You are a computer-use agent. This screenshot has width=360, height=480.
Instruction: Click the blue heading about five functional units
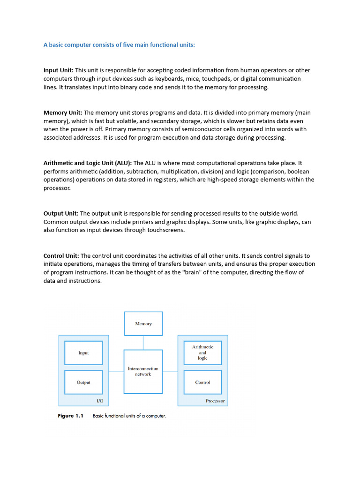coord(119,45)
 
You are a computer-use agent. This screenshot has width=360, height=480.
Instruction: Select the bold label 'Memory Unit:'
coord(63,112)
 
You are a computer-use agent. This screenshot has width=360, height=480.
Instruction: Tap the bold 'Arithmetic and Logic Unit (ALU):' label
coord(88,163)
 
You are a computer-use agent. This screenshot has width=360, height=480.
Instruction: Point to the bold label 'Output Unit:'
coord(61,213)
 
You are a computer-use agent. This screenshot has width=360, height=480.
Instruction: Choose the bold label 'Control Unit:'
coord(61,255)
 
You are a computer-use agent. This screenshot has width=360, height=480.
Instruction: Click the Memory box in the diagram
coord(143,323)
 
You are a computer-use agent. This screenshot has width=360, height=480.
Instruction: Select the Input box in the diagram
coord(83,352)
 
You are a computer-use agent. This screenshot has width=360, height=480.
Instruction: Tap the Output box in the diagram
coord(83,382)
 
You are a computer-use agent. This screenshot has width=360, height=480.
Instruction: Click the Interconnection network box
coord(143,371)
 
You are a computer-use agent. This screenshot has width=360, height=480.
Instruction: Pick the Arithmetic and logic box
coord(202,352)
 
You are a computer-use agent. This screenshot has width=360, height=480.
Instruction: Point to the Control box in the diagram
coord(202,382)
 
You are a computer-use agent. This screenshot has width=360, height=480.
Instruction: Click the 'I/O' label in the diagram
coord(100,401)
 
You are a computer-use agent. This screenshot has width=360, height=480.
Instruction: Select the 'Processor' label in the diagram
coord(215,401)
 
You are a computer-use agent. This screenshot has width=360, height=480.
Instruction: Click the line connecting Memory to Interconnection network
coord(143,342)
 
